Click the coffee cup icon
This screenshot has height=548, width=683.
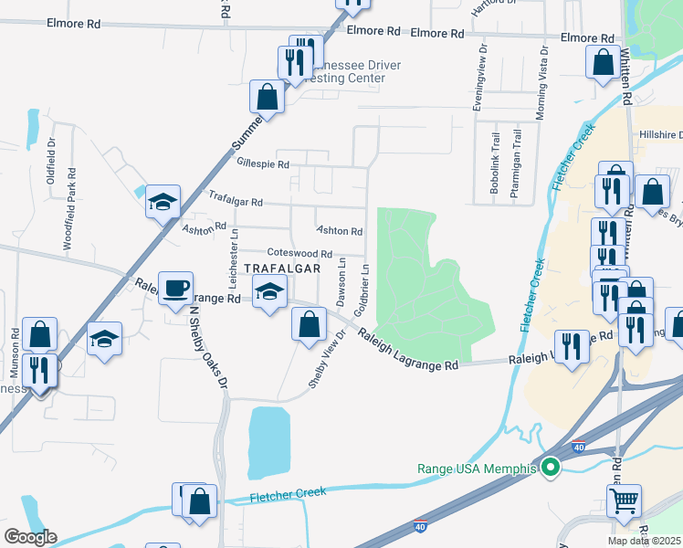click(x=175, y=289)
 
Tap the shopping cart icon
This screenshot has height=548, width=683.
click(x=623, y=500)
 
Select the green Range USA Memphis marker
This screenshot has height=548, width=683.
click(x=550, y=469)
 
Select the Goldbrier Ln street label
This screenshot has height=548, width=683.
click(x=365, y=285)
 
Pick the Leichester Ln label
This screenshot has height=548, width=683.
click(x=234, y=246)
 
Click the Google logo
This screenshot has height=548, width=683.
click(x=29, y=537)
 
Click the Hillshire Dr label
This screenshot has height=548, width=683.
click(x=656, y=132)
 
